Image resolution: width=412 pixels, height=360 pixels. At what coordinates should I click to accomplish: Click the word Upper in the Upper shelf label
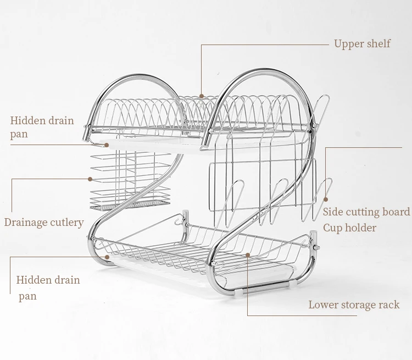pyautogui.click(x=348, y=44)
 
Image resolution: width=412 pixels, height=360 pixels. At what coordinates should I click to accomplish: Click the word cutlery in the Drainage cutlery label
pyautogui.click(x=66, y=223)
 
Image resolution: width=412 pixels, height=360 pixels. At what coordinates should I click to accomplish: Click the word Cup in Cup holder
pyautogui.click(x=332, y=228)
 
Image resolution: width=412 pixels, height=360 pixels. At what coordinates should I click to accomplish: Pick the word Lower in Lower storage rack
pyautogui.click(x=321, y=305)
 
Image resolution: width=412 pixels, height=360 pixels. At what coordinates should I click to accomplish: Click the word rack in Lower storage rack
pyautogui.click(x=389, y=305)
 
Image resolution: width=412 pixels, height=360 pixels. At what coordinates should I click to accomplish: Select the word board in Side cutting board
pyautogui.click(x=396, y=212)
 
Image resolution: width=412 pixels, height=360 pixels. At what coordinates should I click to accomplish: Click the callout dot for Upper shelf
pyautogui.click(x=202, y=96)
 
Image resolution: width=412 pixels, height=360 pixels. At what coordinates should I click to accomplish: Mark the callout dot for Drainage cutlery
pyautogui.click(x=90, y=179)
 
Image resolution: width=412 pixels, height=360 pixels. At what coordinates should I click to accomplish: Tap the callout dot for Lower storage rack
pyautogui.click(x=248, y=255)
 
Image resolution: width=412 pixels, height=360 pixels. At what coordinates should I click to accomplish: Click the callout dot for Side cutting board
pyautogui.click(x=326, y=200)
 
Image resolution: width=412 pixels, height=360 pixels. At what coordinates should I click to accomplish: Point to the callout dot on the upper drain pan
pyautogui.click(x=107, y=145)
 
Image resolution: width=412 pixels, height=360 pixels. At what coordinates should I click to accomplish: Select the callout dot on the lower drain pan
pyautogui.click(x=107, y=257)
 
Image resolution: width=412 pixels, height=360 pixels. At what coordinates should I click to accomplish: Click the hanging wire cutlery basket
pyautogui.click(x=130, y=181)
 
